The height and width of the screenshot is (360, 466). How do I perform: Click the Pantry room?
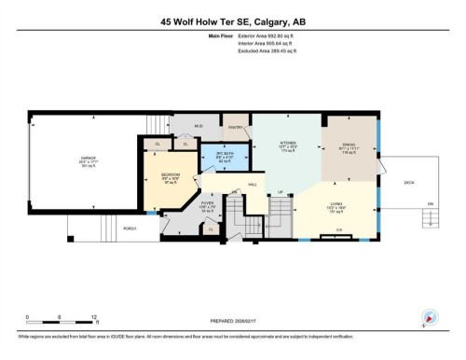[234, 127]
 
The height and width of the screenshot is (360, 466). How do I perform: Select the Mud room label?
[199, 124]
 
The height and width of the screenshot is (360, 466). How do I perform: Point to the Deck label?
[409, 183]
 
